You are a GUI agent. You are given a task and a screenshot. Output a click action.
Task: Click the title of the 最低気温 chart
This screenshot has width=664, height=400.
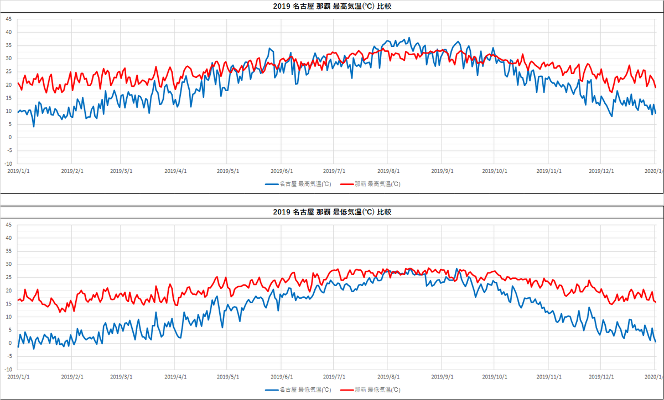[333, 212]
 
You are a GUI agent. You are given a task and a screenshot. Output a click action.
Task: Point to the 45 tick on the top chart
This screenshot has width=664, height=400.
[8, 19]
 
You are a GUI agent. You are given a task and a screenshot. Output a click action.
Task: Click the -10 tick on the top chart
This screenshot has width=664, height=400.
[8, 164]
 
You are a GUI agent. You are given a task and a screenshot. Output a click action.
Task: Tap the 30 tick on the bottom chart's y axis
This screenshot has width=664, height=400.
[8, 264]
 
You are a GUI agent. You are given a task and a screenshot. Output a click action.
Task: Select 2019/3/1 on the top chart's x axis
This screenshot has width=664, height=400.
[122, 171]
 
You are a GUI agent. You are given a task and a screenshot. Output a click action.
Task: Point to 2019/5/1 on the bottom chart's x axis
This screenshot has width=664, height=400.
[227, 376]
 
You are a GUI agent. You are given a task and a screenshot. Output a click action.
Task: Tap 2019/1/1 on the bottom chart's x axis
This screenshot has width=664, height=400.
[18, 376]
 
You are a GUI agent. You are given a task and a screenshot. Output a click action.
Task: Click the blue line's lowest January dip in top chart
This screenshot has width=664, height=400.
[34, 127]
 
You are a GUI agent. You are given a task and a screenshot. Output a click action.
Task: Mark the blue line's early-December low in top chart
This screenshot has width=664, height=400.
[611, 116]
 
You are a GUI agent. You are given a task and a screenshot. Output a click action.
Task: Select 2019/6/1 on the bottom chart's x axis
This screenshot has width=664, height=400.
[282, 376]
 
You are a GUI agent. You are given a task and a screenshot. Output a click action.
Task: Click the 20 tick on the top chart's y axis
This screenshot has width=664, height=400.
[8, 85]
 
